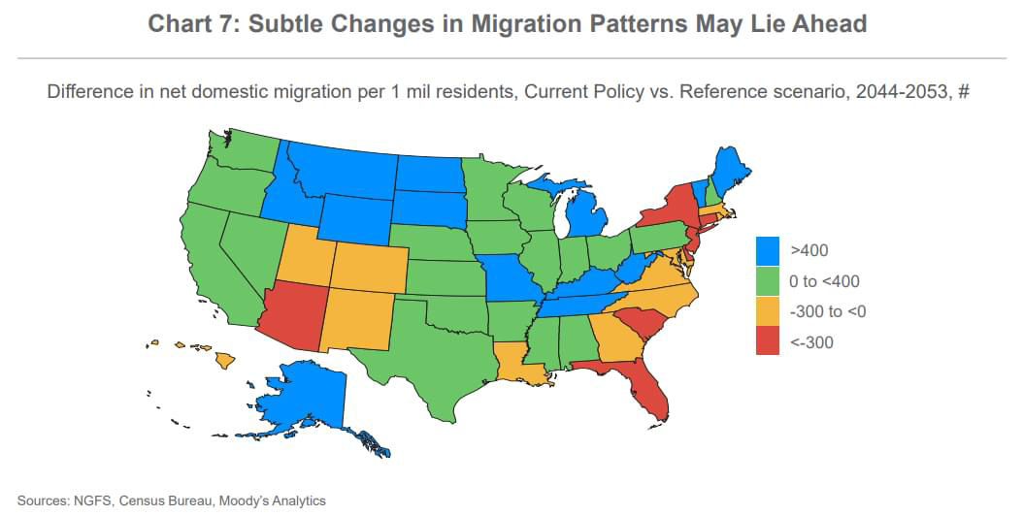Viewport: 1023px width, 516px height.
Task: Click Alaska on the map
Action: [301, 398]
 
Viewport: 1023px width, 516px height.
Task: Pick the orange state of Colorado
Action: [370, 266]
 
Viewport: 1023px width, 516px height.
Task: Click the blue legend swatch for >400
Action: [769, 251]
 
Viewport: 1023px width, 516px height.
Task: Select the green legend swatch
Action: [769, 281]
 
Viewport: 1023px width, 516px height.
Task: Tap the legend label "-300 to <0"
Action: [828, 311]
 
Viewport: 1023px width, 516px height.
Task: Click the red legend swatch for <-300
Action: [769, 341]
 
